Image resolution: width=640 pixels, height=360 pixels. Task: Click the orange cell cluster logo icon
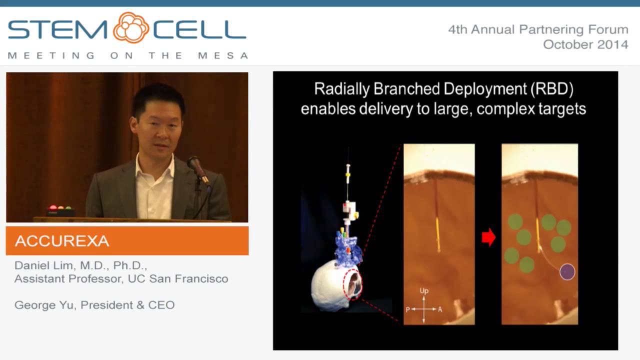point(131,27)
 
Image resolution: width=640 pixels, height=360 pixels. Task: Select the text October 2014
point(585,44)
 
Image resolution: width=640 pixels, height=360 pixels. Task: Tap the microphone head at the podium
point(193,163)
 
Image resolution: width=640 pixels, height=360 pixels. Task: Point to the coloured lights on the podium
point(59,207)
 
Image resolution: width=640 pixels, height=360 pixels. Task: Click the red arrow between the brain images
point(488,237)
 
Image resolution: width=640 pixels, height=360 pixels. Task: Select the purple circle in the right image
point(567,271)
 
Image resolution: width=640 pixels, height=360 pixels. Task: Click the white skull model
point(330,285)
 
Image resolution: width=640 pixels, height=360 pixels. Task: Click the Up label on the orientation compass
point(424,290)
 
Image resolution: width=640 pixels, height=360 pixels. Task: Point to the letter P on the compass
point(407,309)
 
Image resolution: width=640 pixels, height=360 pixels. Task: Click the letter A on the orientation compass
point(440,309)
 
